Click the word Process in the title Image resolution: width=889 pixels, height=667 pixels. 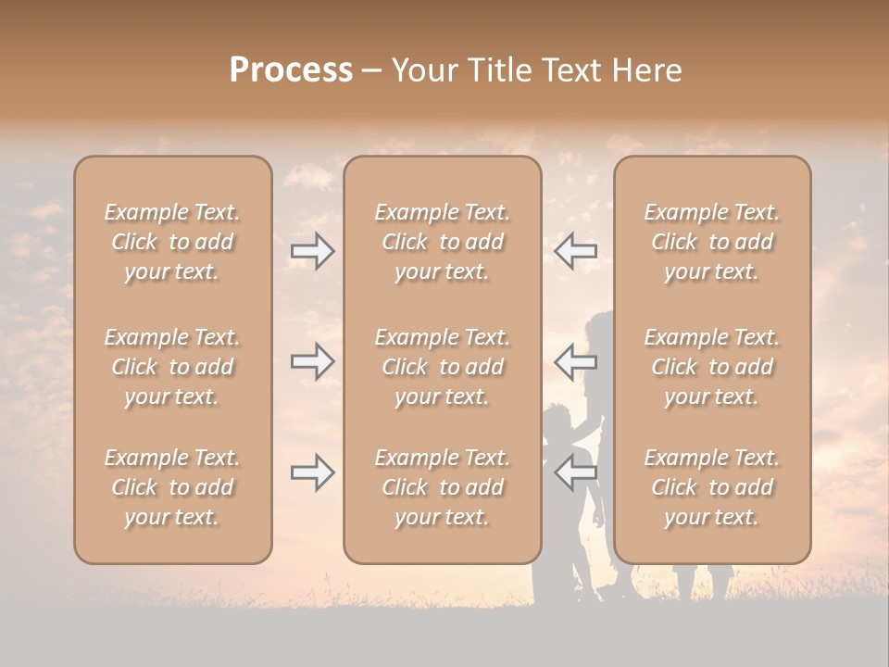click(x=291, y=70)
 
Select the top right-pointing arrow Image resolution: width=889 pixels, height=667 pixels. click(x=313, y=251)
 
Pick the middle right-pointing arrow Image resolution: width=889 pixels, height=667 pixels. click(x=313, y=361)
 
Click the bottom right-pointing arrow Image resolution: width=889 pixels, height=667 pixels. click(x=313, y=472)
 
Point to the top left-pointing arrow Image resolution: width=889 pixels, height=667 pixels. click(x=576, y=251)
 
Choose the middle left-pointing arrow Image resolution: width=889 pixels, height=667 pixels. click(x=576, y=361)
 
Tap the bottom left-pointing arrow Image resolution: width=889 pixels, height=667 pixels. click(x=576, y=472)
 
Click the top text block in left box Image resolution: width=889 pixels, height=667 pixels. click(x=172, y=242)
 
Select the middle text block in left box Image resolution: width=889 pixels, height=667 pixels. click(x=172, y=367)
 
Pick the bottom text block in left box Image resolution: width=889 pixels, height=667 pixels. click(x=172, y=487)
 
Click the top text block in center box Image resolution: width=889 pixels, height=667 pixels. click(x=442, y=242)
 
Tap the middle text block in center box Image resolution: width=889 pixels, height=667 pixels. click(x=442, y=367)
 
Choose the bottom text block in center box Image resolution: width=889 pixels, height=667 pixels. click(x=442, y=487)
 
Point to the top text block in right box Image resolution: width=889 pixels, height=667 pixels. click(x=712, y=242)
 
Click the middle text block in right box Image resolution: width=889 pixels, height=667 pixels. click(x=712, y=367)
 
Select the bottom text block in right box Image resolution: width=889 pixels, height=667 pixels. click(x=712, y=487)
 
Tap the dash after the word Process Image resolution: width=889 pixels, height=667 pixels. click(x=372, y=71)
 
